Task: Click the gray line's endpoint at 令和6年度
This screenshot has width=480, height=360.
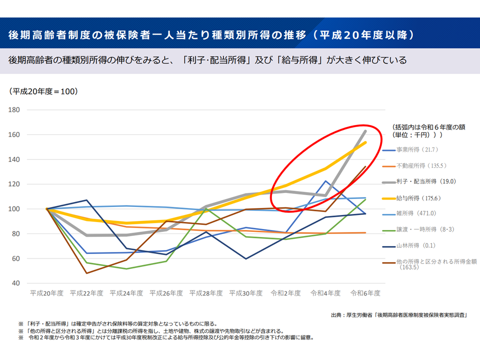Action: click(x=365, y=131)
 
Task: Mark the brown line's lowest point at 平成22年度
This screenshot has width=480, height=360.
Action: click(x=86, y=273)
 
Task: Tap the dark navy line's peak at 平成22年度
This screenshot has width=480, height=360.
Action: click(x=86, y=200)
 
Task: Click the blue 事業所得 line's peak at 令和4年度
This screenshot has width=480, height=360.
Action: click(x=325, y=181)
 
